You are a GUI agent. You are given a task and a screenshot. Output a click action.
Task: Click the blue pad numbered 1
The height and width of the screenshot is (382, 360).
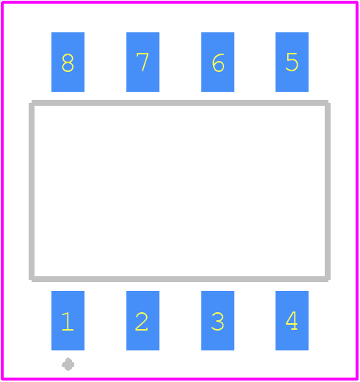pyautogui.click(x=68, y=320)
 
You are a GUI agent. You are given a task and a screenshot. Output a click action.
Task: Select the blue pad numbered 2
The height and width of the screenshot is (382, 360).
pyautogui.click(x=143, y=320)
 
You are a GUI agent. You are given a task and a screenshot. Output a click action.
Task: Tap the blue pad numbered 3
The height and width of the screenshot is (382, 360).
pyautogui.click(x=217, y=320)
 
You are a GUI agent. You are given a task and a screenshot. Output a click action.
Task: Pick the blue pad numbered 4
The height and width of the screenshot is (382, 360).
pyautogui.click(x=292, y=320)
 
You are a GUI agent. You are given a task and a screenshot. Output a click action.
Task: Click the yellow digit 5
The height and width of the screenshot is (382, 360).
pyautogui.click(x=292, y=62)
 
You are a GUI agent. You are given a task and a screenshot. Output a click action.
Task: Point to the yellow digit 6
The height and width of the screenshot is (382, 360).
pyautogui.click(x=218, y=62)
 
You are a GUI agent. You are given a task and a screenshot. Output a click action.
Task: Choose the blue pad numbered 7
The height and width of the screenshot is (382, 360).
pyautogui.click(x=143, y=62)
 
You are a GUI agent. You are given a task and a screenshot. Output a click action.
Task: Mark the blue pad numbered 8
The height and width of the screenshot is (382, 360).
pyautogui.click(x=68, y=62)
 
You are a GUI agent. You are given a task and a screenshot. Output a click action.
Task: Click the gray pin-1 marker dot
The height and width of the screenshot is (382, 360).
pyautogui.click(x=68, y=364)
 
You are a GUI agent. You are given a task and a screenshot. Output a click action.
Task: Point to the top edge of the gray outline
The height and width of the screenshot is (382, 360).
pyautogui.click(x=180, y=103)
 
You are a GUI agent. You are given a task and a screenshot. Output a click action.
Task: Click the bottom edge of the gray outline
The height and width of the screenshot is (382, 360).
pyautogui.click(x=180, y=279)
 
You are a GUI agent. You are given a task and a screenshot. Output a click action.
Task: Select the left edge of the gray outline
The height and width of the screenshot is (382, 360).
pyautogui.click(x=32, y=191)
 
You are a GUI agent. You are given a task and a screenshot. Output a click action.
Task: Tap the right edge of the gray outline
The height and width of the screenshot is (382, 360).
pyautogui.click(x=328, y=191)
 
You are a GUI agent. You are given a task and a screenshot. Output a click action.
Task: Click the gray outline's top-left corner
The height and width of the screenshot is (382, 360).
pyautogui.click(x=32, y=103)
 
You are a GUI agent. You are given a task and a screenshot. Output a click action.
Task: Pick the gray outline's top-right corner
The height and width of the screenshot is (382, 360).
pyautogui.click(x=328, y=103)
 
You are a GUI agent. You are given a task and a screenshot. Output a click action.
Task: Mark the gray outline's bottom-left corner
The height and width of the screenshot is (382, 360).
pyautogui.click(x=32, y=279)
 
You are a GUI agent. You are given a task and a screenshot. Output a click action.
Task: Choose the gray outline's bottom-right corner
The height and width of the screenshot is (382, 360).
pyautogui.click(x=328, y=279)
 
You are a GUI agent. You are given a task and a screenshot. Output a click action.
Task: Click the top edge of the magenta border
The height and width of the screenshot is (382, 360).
pyautogui.click(x=180, y=2)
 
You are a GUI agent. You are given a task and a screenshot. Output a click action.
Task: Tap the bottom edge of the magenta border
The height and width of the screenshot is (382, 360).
pyautogui.click(x=180, y=379)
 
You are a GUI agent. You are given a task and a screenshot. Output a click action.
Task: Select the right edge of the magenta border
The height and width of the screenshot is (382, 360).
pyautogui.click(x=357, y=191)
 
